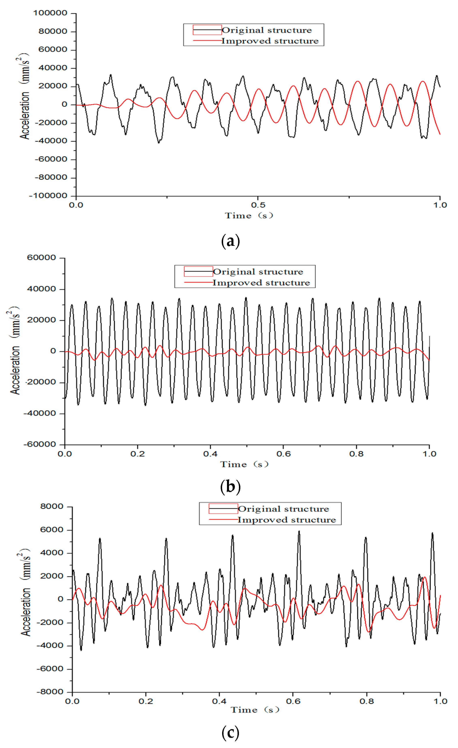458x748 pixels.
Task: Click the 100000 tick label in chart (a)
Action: point(50,13)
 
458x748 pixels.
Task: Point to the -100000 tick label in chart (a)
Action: point(48,196)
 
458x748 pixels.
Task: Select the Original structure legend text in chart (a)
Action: point(266,30)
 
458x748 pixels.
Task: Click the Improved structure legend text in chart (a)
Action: point(270,41)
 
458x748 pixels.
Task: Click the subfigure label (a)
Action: point(230,241)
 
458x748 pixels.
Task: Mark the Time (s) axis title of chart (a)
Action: point(249,216)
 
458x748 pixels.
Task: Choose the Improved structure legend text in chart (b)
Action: point(261,283)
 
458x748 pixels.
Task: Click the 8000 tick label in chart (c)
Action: point(52,506)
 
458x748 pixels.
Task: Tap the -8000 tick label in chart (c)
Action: point(50,692)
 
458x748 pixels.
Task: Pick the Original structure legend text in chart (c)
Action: point(283,509)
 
